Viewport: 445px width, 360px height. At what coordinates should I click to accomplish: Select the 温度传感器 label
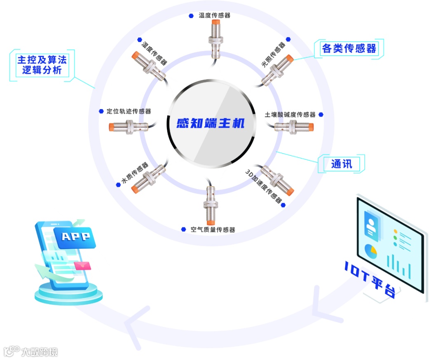[x=214, y=16]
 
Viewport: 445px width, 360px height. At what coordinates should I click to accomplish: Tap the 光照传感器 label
[x=274, y=55]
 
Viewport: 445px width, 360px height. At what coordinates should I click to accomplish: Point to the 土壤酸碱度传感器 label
[x=290, y=115]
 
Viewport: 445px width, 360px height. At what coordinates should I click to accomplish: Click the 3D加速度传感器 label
[x=264, y=186]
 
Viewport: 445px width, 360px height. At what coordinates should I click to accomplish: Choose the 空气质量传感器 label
[x=213, y=230]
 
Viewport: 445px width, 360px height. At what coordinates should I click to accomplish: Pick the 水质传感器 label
[x=135, y=174]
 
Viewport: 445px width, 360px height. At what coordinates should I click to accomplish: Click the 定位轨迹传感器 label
[x=129, y=111]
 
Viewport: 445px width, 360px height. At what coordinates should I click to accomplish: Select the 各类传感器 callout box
[x=349, y=49]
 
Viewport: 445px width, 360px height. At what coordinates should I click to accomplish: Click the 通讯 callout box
[x=342, y=164]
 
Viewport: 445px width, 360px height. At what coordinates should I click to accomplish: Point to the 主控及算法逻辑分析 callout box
[x=42, y=65]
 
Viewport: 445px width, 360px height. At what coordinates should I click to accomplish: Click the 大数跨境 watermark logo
[x=31, y=351]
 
